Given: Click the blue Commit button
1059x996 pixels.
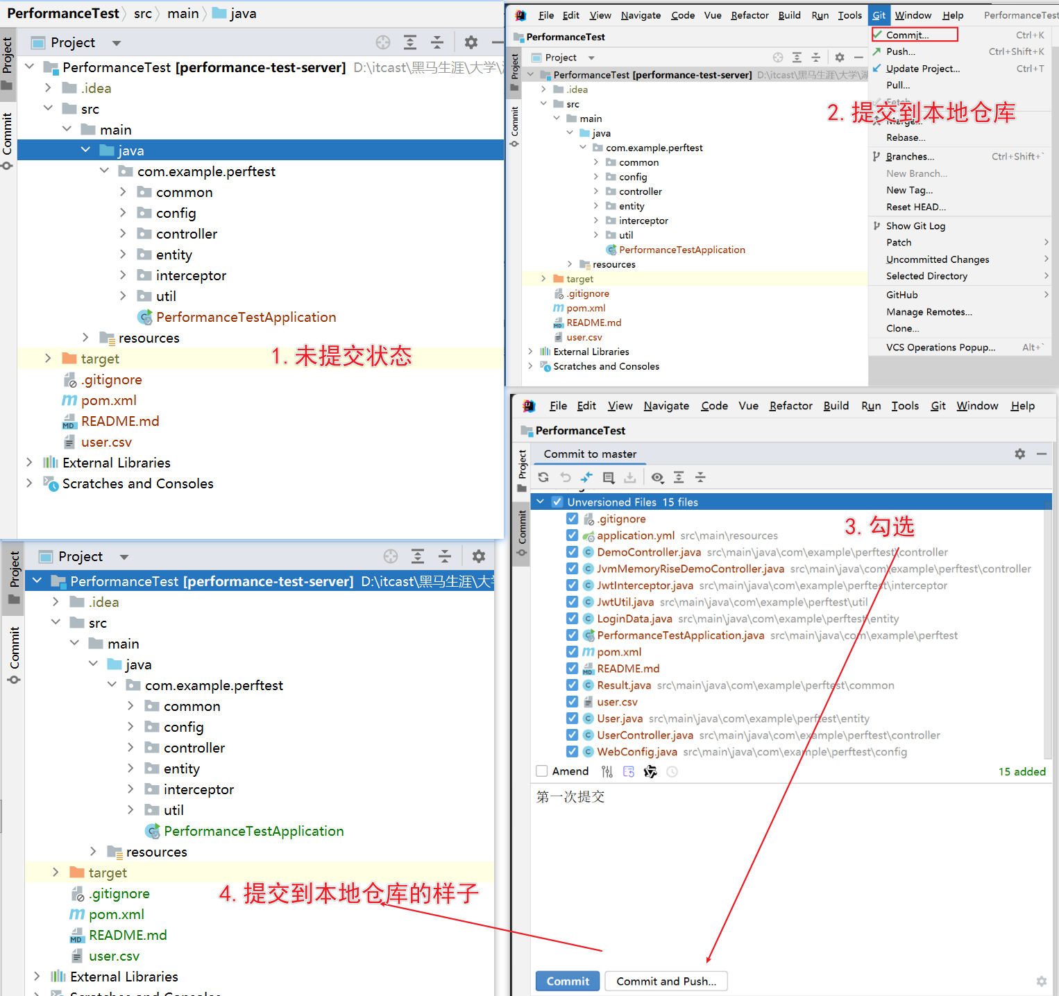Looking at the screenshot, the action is [x=567, y=981].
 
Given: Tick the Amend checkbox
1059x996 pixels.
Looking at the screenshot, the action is [x=542, y=771].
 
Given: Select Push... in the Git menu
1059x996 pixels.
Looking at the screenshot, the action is [x=901, y=51].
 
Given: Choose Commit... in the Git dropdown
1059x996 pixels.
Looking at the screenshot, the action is [x=907, y=35].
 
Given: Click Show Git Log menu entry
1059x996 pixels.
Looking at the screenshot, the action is [x=915, y=225].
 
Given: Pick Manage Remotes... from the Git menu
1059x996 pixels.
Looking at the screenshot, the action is [x=929, y=312].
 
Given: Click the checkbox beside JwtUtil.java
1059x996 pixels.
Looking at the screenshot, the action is [x=572, y=601].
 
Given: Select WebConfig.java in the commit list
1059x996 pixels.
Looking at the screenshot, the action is [x=637, y=752].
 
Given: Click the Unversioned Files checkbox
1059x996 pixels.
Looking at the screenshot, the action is [x=557, y=501].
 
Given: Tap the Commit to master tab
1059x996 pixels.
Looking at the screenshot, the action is [x=590, y=454].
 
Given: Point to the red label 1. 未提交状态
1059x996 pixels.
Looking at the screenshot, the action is [x=341, y=357].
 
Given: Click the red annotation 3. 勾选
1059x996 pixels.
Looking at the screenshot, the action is [x=879, y=526].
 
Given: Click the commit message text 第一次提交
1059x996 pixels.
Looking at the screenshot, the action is [x=570, y=797].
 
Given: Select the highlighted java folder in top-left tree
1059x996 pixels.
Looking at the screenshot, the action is [x=131, y=151].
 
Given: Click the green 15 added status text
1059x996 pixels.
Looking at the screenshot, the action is [x=1022, y=771].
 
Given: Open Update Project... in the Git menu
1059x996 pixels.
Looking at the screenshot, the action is [x=923, y=69].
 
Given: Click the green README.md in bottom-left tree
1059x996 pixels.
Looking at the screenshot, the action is [x=128, y=935].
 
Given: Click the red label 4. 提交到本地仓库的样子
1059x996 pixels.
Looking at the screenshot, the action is [x=349, y=893].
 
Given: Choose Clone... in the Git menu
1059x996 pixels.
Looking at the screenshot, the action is [x=902, y=329].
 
